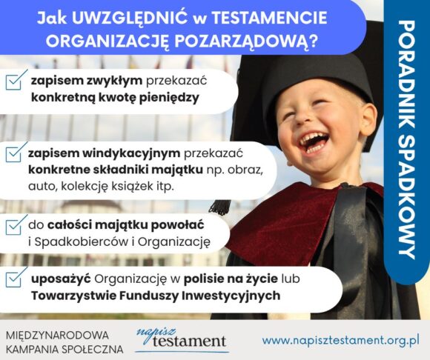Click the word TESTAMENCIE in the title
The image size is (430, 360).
pos(269,18)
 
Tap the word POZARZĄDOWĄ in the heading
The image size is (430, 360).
pos(245,41)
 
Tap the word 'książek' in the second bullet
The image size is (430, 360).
pos(133,187)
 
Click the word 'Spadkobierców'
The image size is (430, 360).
pos(82,241)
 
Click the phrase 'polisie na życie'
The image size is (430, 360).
pos(231,279)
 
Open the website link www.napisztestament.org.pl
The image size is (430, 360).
pos(340,340)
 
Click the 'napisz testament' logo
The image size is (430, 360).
pos(182,339)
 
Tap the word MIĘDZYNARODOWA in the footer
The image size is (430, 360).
pos(57,336)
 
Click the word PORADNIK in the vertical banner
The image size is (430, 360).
pos(407,79)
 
